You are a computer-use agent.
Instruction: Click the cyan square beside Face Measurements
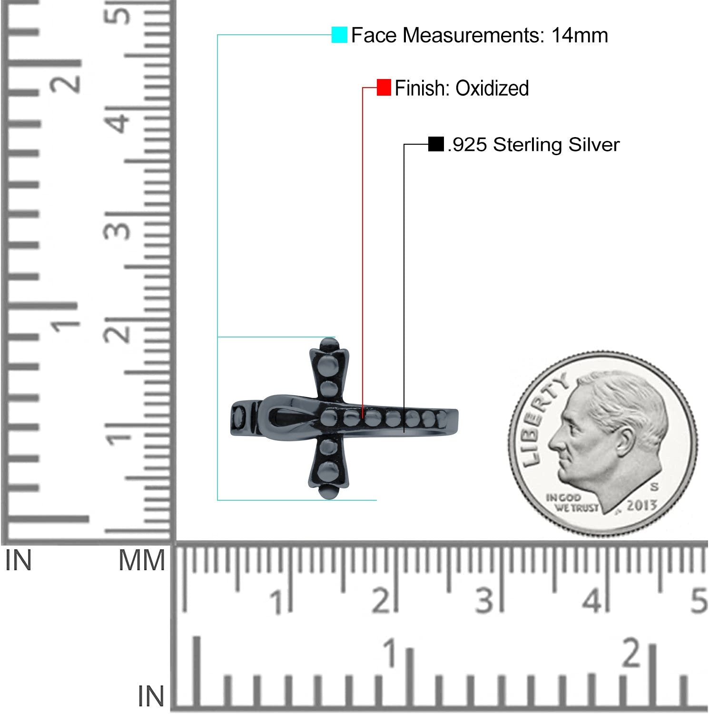pos(339,35)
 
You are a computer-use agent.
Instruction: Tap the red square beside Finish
pos(384,88)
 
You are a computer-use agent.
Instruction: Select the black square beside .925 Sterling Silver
pos(435,144)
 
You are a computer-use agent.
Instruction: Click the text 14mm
pos(580,35)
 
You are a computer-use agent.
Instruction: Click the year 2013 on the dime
pos(641,505)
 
